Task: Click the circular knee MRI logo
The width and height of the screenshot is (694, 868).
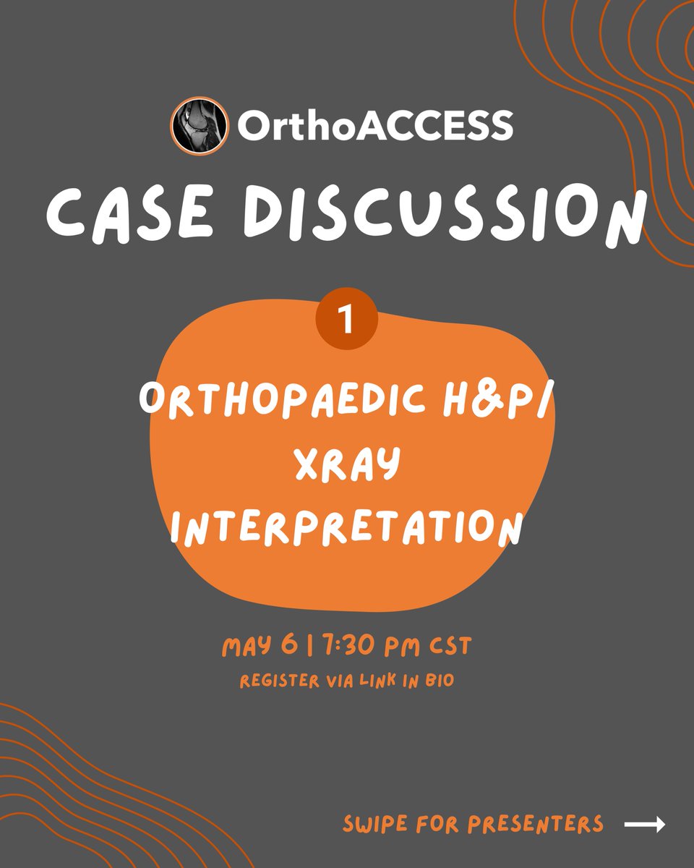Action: pyautogui.click(x=198, y=125)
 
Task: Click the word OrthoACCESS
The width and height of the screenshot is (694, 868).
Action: pyautogui.click(x=375, y=126)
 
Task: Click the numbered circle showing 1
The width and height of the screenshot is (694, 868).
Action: pyautogui.click(x=346, y=320)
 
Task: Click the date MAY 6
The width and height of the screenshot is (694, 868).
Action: pyautogui.click(x=263, y=646)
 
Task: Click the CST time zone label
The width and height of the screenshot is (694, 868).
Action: pyautogui.click(x=447, y=646)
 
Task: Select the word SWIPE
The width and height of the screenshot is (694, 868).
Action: pyautogui.click(x=376, y=824)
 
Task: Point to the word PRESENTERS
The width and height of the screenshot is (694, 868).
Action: pyautogui.click(x=536, y=824)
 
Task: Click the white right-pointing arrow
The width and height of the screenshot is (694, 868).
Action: pyautogui.click(x=644, y=825)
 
